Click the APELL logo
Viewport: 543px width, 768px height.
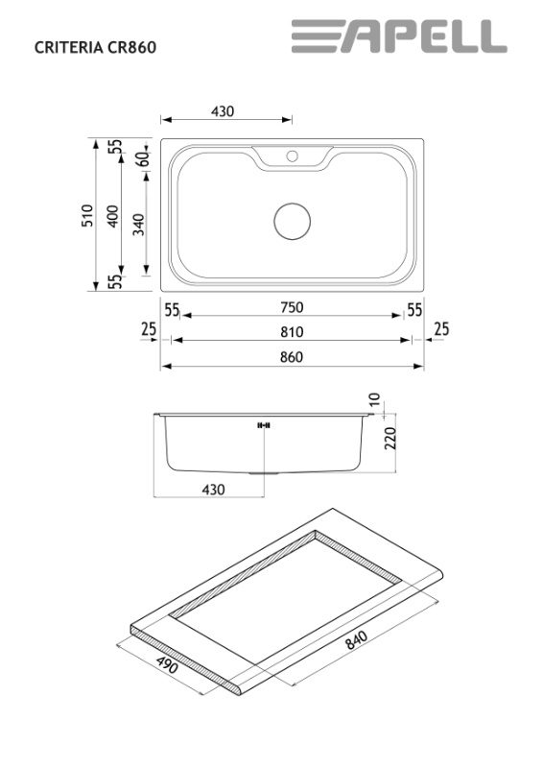point(399,36)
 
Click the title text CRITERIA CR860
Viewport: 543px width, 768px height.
point(96,47)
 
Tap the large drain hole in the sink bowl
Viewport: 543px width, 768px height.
point(293,222)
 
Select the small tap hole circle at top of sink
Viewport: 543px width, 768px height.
point(293,156)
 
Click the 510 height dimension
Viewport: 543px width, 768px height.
point(87,215)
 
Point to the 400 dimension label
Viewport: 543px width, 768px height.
point(112,216)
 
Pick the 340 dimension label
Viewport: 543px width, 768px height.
point(139,225)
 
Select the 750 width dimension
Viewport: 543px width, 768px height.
point(292,307)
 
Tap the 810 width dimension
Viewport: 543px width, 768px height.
point(292,332)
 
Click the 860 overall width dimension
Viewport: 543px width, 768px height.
point(292,357)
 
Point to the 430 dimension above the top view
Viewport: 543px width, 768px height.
point(223,111)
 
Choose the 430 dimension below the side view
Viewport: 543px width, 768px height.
point(214,490)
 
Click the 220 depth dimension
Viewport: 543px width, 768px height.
point(390,439)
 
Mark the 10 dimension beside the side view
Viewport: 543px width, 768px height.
point(373,399)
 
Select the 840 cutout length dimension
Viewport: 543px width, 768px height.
point(356,639)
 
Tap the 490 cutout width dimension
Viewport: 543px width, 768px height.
point(168,664)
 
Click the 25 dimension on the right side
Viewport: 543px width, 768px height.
point(441,329)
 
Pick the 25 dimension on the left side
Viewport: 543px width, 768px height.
point(149,329)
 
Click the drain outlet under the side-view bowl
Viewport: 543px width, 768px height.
point(264,473)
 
